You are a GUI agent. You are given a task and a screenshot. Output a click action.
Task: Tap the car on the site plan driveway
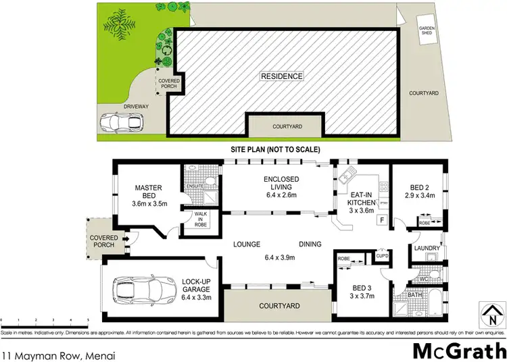[x=122, y=124]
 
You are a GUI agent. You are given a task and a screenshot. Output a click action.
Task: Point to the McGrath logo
[x=458, y=351]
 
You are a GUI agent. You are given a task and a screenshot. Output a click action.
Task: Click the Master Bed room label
[x=146, y=192]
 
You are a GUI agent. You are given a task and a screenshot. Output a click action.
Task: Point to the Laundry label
[x=427, y=249]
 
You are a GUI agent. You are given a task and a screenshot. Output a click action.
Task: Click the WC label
[x=424, y=278]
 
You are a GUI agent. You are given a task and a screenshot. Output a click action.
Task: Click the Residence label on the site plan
[x=282, y=76]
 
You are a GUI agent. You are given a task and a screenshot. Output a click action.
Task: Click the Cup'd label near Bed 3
[x=381, y=256]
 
